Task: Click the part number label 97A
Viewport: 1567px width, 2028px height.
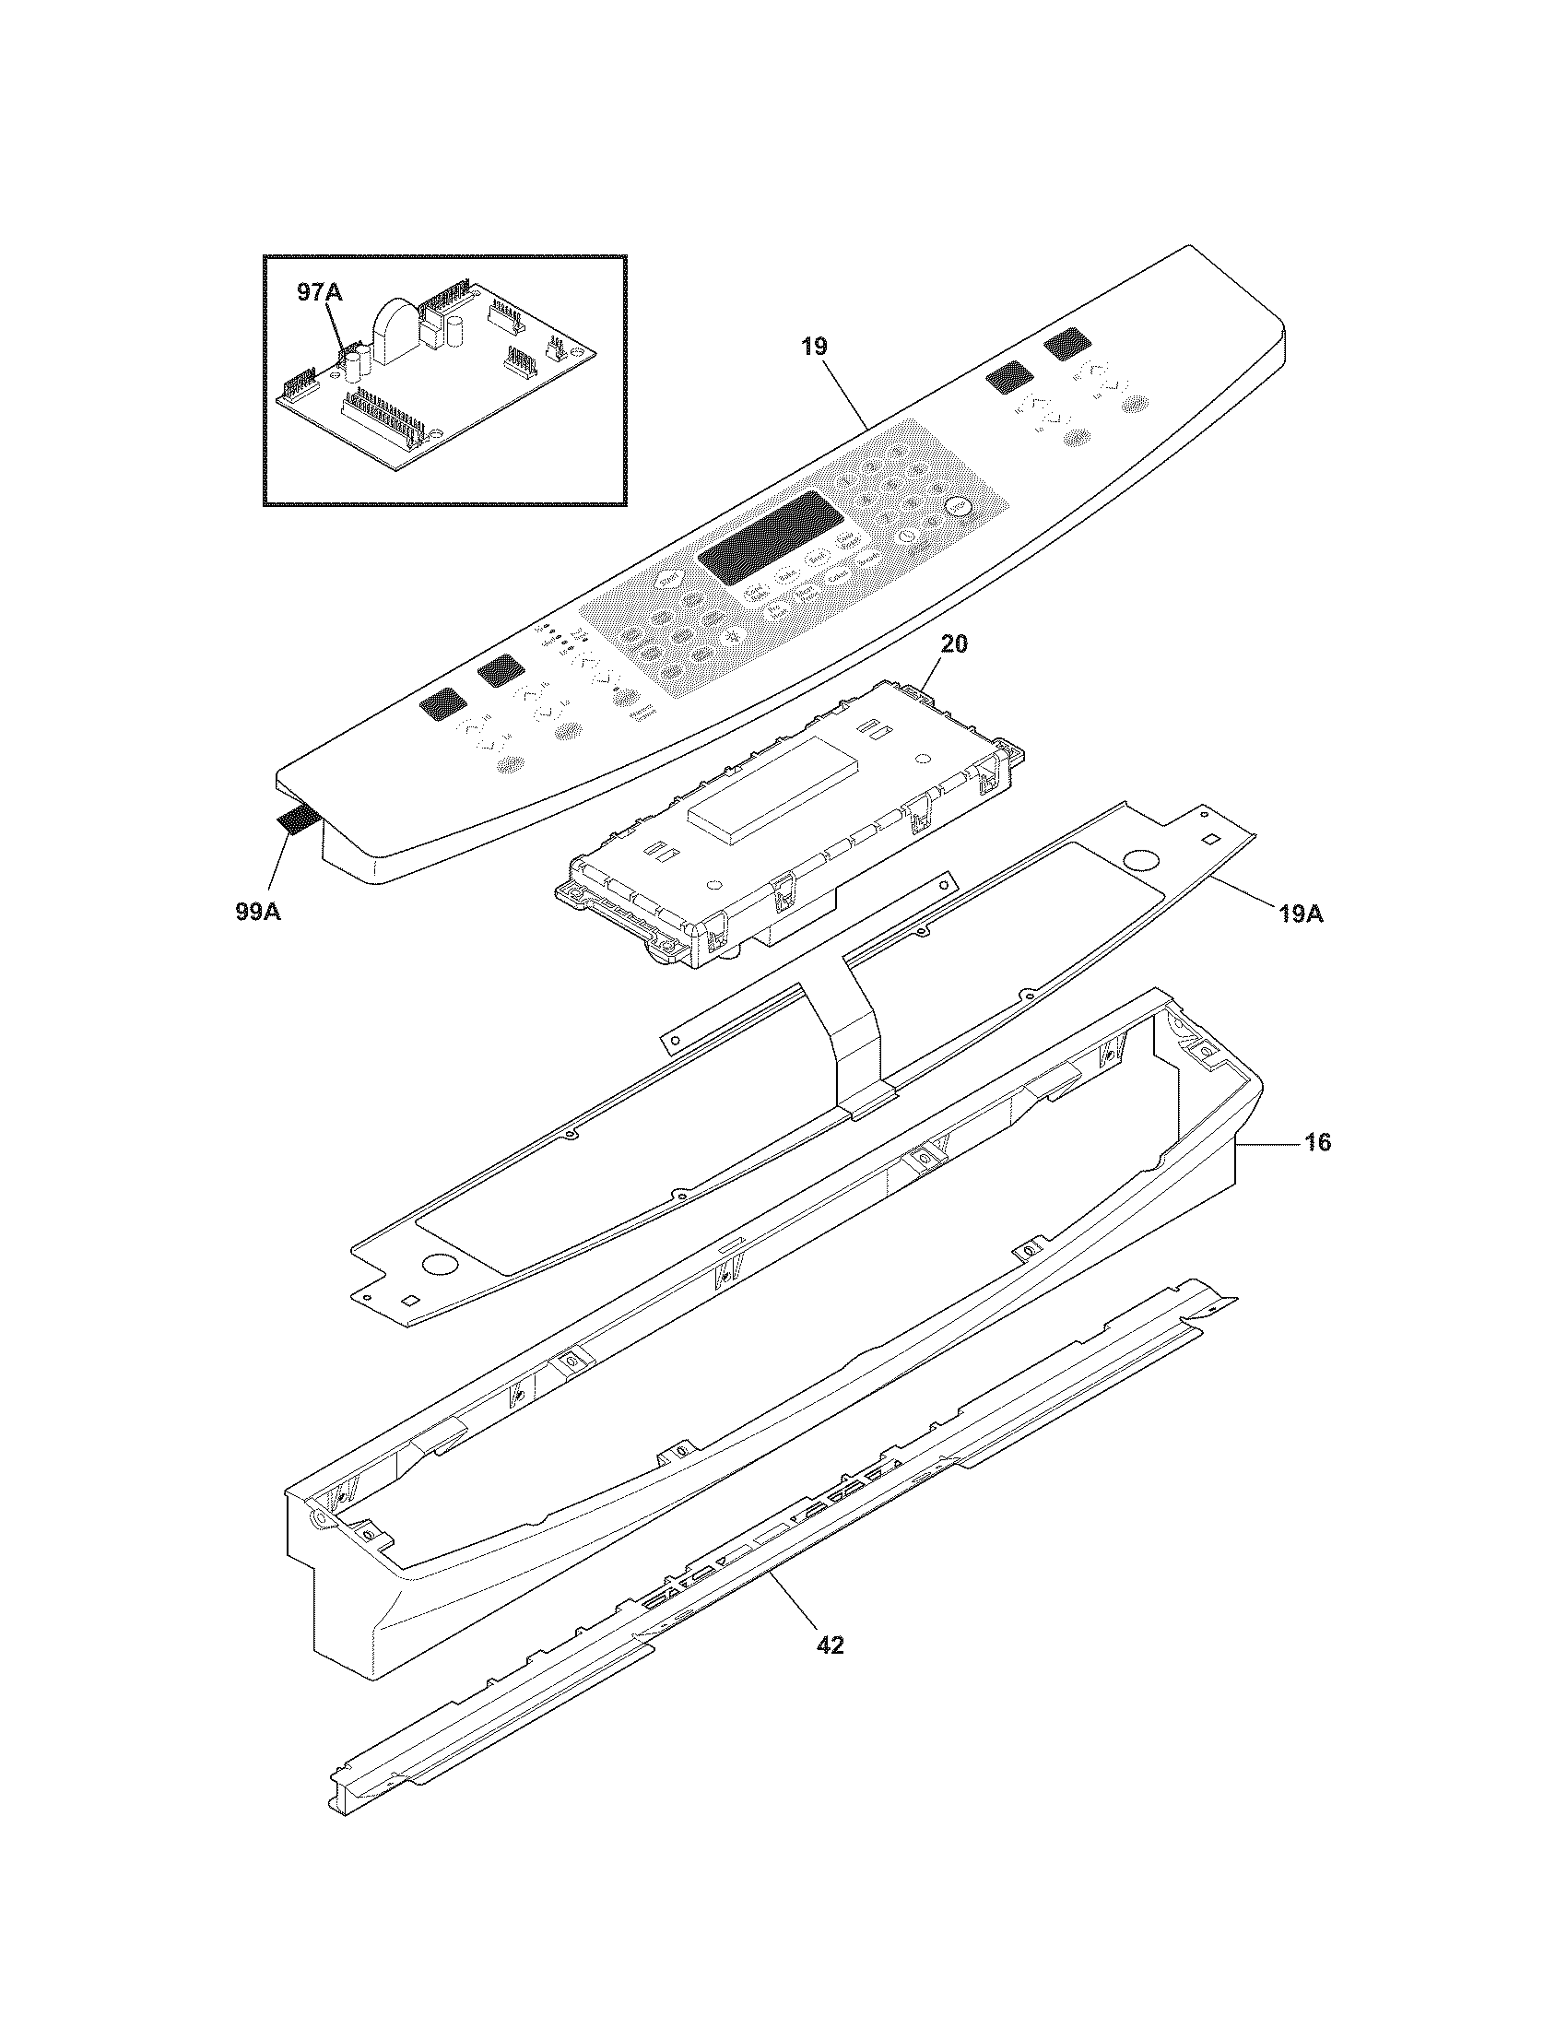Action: [319, 292]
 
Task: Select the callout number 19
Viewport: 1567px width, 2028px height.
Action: [814, 348]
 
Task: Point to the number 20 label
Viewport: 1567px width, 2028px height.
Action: [953, 644]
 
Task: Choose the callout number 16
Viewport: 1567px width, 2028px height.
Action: [1317, 1142]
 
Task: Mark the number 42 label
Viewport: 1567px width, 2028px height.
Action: [830, 1645]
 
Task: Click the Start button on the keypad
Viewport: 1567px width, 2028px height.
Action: [666, 580]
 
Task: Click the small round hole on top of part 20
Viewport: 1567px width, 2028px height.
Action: [924, 759]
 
